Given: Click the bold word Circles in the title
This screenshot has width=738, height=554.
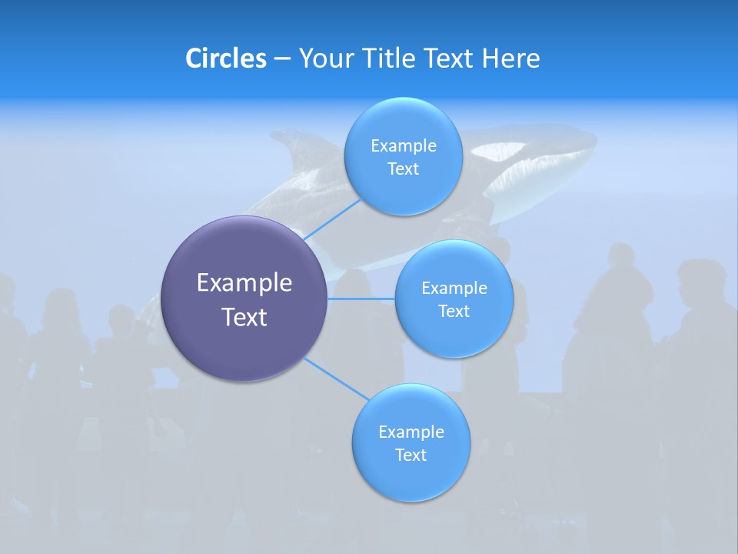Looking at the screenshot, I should [x=225, y=58].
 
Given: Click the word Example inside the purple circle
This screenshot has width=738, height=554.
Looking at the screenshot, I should [x=244, y=282].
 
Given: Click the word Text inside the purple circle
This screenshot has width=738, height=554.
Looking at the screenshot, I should [x=244, y=316].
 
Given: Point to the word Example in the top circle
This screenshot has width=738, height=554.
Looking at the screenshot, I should [x=403, y=145].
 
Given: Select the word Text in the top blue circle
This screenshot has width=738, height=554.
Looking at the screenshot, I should [x=403, y=169].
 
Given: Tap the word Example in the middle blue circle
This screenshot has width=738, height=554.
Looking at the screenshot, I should [x=454, y=288].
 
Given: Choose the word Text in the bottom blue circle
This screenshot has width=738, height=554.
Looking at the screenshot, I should [x=411, y=455].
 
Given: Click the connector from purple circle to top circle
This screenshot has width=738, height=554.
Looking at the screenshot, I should [x=332, y=219].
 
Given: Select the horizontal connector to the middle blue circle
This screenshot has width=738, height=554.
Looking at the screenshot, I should [x=361, y=299].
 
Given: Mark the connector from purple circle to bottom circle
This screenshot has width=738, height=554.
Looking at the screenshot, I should [x=337, y=379].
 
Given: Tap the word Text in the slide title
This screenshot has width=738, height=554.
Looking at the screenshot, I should [x=449, y=58].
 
